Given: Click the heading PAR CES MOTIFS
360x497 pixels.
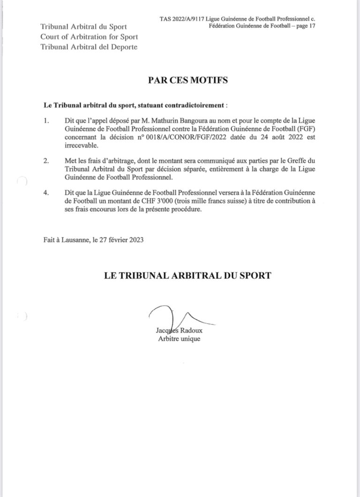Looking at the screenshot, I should tap(187, 80).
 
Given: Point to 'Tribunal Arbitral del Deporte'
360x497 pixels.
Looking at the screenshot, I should tap(89, 47).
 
